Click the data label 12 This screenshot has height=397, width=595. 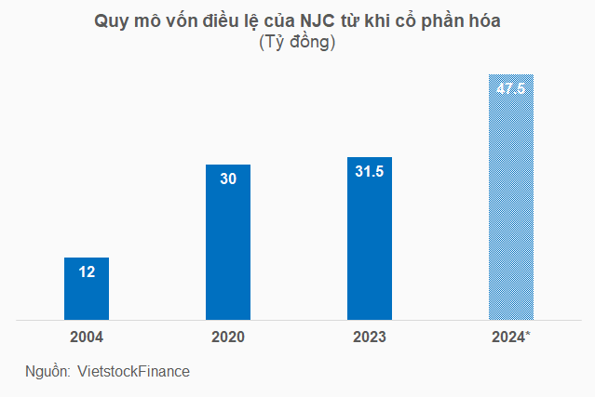click(x=87, y=271)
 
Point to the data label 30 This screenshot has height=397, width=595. click(x=228, y=179)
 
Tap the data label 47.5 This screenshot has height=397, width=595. click(x=511, y=88)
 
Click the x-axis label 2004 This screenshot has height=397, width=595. click(x=87, y=337)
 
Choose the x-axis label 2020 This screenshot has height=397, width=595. click(x=228, y=337)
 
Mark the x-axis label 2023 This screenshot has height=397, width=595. click(x=370, y=337)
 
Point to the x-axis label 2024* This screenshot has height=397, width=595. click(x=511, y=337)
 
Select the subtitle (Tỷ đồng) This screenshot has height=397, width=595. click(x=297, y=43)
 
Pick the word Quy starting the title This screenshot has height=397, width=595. click(x=111, y=21)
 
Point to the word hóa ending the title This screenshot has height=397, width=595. click(x=484, y=21)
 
